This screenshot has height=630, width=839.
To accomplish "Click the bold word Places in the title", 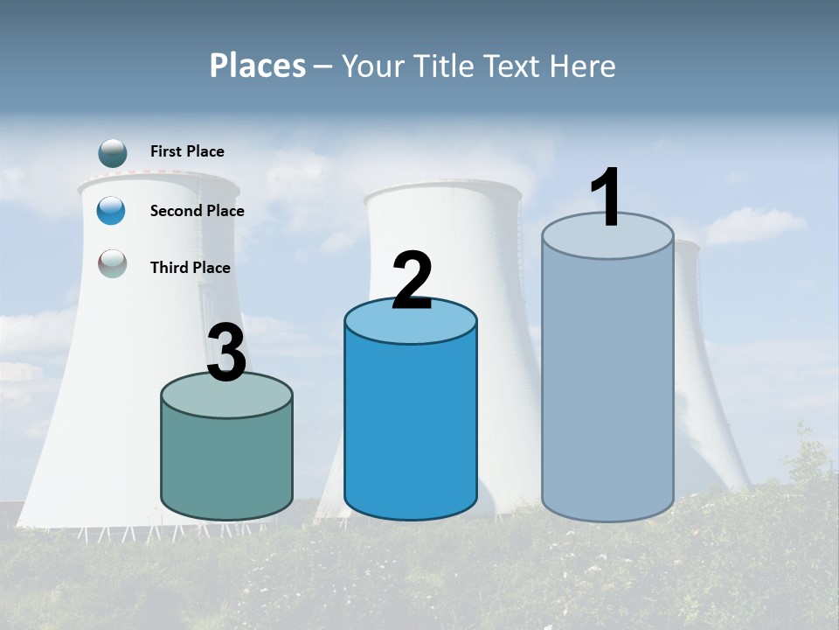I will pos(258,66).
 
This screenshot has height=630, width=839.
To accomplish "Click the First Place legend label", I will pos(187,151).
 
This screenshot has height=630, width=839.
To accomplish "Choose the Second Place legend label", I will pos(197,211).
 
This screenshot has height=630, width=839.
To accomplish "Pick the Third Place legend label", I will pos(190,268).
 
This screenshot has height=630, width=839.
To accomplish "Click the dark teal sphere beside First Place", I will pos(113,152).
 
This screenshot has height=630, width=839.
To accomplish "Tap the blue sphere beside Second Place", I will pos(112,211).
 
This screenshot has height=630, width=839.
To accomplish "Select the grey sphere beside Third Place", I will pos(113,263).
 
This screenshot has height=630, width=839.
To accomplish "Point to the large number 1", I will pos(607,198).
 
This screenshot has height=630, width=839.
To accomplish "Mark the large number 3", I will pos(226,353).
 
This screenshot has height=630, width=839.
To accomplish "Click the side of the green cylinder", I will pos(226,464).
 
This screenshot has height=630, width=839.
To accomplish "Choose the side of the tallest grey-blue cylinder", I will pos(607,385).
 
